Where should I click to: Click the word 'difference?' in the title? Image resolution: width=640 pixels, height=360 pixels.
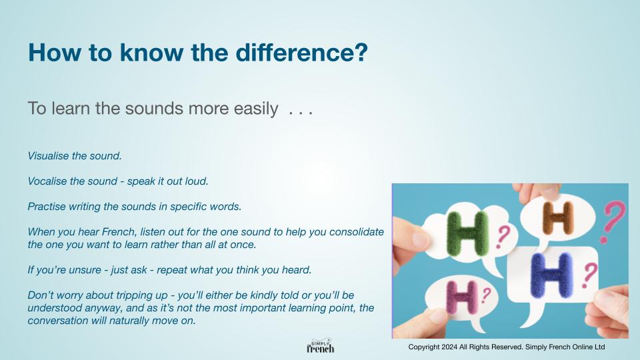pos(301,53)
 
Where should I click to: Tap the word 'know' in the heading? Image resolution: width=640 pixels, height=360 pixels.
pos(151,53)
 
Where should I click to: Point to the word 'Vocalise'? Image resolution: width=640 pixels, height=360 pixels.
pos(47,181)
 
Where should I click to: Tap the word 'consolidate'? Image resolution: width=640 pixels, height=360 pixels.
pos(356,232)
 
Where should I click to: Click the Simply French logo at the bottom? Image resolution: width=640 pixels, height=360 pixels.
pos(321,346)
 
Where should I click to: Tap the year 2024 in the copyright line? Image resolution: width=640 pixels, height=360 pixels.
pos(449,347)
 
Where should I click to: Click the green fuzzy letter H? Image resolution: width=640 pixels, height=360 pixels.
pos(467,234)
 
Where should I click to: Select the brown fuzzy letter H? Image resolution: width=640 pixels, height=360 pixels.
pos(558,218)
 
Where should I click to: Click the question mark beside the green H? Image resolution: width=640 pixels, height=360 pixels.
pos(503,237)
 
